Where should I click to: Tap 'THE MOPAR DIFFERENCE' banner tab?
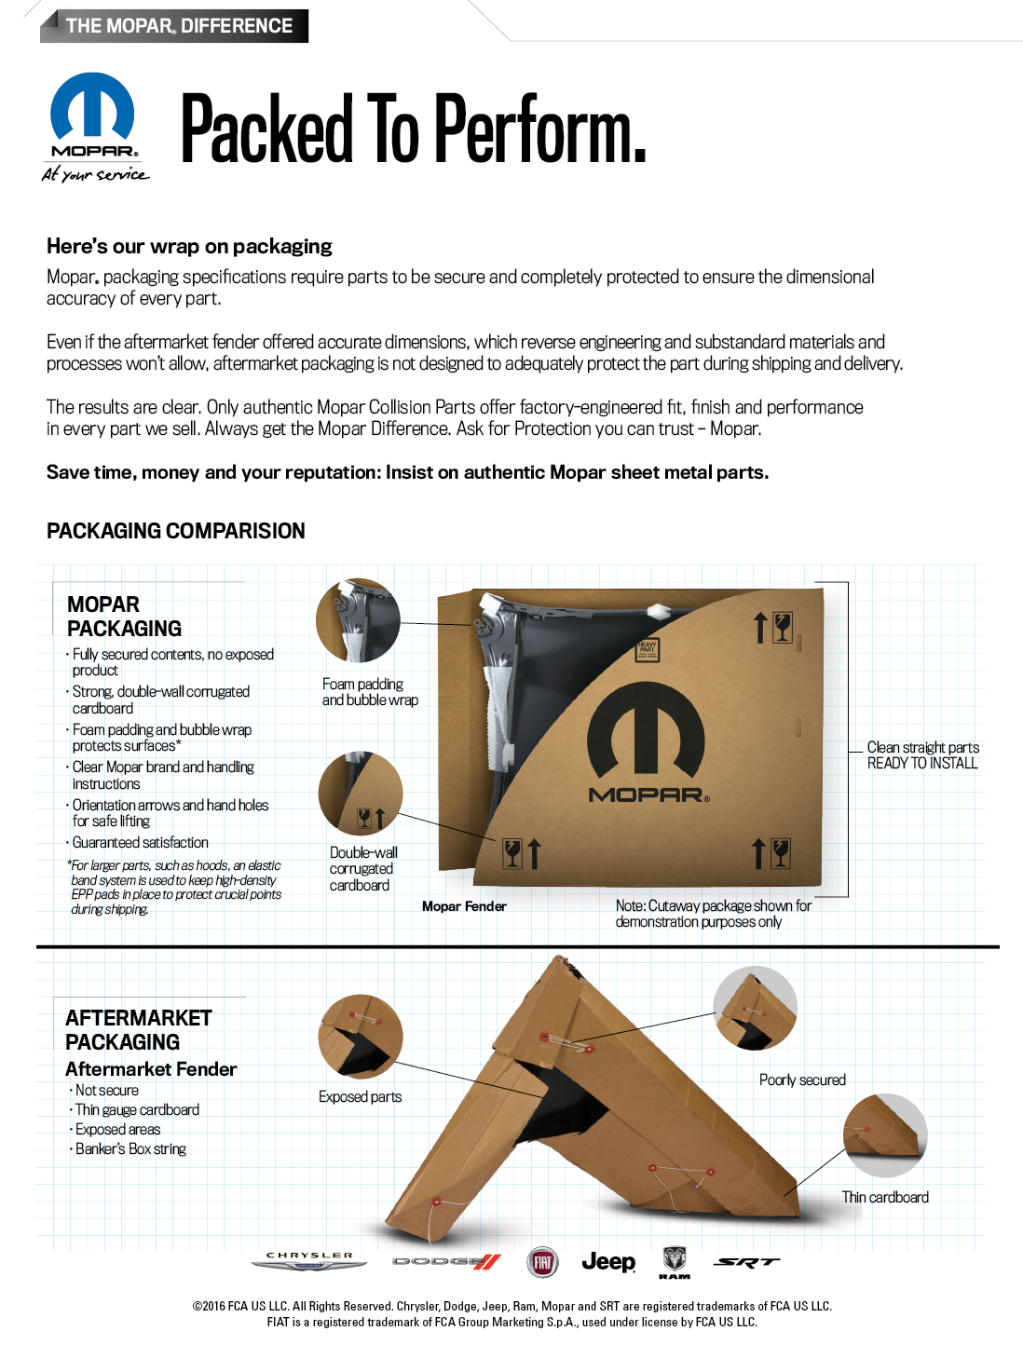[179, 26]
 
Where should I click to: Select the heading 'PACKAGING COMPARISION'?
[176, 531]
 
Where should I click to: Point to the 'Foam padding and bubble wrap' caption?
[370, 692]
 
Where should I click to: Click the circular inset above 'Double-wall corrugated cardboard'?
[361, 794]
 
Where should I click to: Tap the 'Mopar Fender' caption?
[464, 906]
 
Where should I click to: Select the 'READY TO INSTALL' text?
[922, 763]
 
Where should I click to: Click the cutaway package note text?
[713, 914]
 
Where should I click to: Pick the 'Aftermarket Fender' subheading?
[151, 1069]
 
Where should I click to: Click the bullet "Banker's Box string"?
[130, 1149]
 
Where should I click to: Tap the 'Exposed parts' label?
[361, 1097]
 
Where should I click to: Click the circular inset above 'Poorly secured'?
[756, 1008]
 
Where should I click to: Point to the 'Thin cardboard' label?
[885, 1198]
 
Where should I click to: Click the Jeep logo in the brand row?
[608, 1262]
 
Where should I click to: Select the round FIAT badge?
[543, 1263]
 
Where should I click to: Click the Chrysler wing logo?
[309, 1261]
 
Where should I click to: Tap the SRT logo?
[746, 1262]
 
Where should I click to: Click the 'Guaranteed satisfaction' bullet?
[141, 843]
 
